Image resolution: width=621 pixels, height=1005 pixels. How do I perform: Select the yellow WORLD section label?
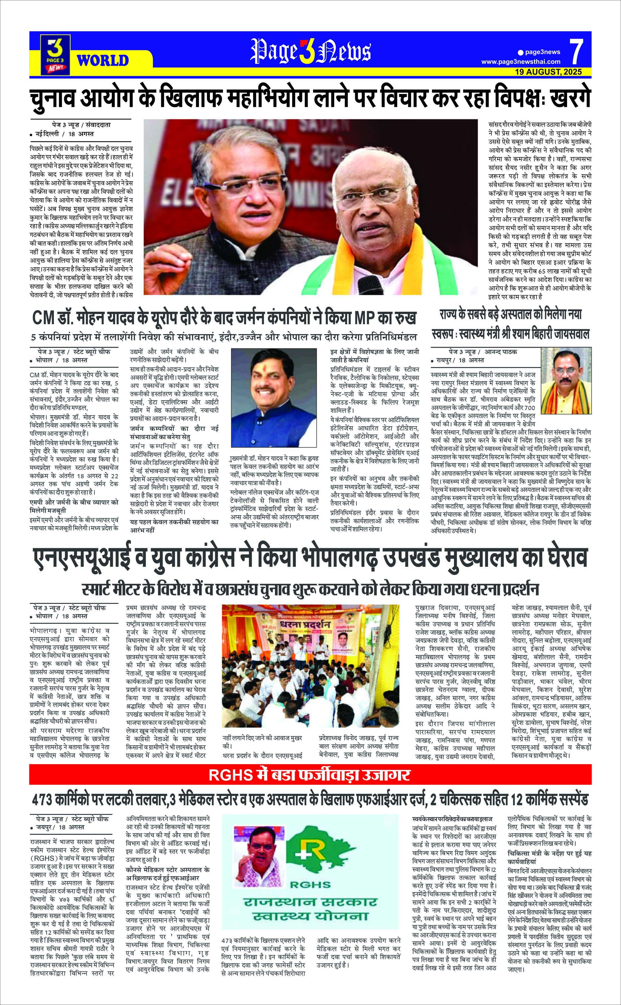[103, 61]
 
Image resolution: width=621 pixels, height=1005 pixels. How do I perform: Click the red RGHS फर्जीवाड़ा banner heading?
[310, 775]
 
